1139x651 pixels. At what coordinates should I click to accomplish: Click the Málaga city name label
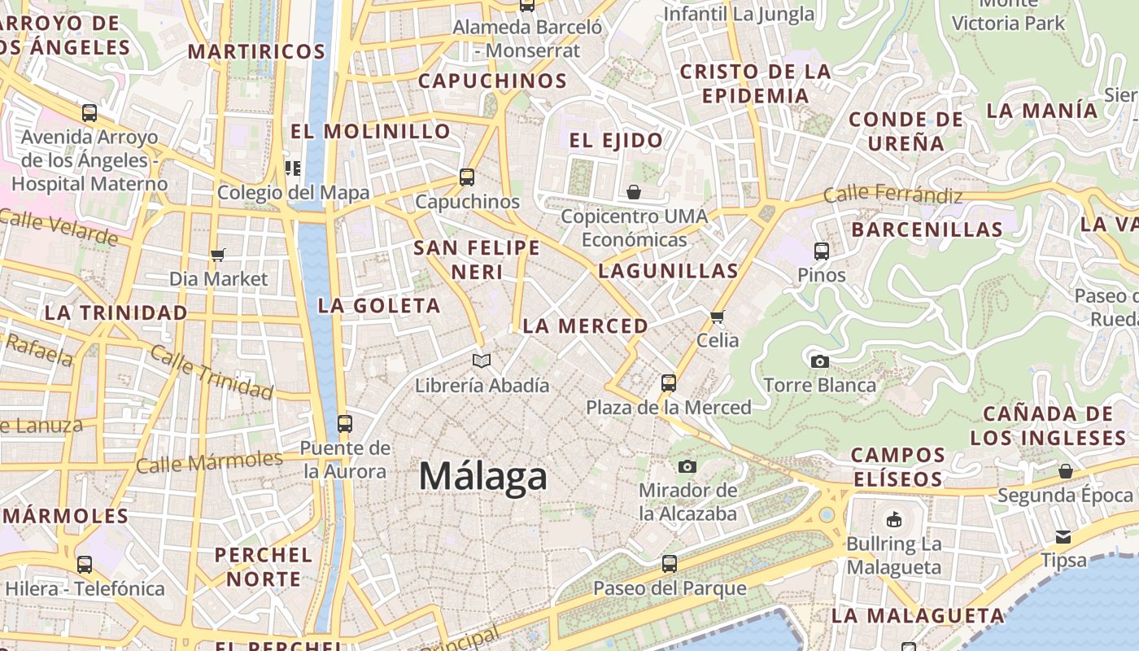point(482,476)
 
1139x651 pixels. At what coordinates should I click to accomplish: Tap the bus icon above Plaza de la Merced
point(669,382)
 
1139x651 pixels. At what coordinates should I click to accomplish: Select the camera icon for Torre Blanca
point(819,361)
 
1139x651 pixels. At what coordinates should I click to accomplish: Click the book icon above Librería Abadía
point(482,360)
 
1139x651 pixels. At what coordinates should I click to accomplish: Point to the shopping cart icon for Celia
point(717,317)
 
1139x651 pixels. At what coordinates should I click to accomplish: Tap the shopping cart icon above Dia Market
point(217,256)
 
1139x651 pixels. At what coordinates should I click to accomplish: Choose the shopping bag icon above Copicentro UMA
point(634,192)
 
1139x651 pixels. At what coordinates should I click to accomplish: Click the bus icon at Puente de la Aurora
point(345,423)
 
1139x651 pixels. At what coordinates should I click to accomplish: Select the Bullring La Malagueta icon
point(893,518)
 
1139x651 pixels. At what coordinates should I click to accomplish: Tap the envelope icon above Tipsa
point(1063,536)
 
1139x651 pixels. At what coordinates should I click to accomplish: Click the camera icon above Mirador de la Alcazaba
point(687,466)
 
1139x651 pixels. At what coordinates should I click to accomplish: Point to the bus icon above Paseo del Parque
point(669,563)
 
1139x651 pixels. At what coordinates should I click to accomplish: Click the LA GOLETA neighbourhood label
point(379,306)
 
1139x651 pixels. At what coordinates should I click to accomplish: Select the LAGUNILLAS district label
point(668,271)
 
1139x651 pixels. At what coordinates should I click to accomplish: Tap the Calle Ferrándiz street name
point(892,195)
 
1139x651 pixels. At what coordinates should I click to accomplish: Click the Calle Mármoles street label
point(209,461)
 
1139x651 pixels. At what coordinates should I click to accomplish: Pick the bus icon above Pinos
point(822,251)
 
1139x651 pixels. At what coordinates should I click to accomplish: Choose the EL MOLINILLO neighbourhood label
point(370,131)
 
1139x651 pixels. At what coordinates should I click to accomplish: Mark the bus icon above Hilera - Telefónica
point(85,564)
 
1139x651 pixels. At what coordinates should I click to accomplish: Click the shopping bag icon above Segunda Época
point(1065,471)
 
